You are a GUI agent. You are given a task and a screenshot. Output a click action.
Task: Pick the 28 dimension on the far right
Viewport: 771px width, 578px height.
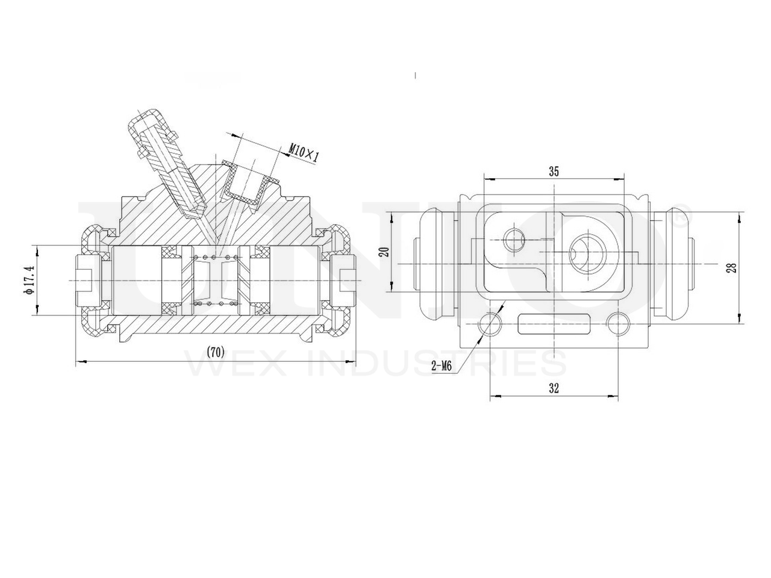click(731, 267)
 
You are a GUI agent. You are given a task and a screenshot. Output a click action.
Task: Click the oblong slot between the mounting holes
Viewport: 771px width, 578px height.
click(554, 325)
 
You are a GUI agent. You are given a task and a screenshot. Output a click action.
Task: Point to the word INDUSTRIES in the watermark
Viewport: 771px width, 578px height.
click(436, 364)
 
